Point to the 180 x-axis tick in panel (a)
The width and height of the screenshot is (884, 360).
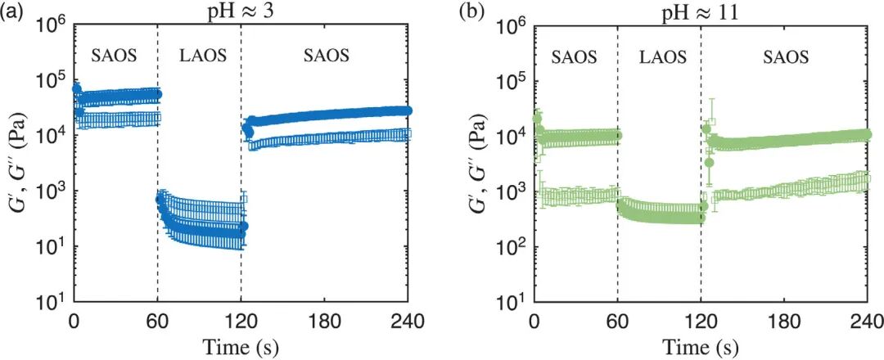(326, 322)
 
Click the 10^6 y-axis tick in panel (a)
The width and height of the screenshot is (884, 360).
(52, 26)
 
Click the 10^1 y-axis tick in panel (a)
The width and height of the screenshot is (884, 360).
(52, 301)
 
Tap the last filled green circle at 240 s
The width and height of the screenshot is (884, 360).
(868, 135)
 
